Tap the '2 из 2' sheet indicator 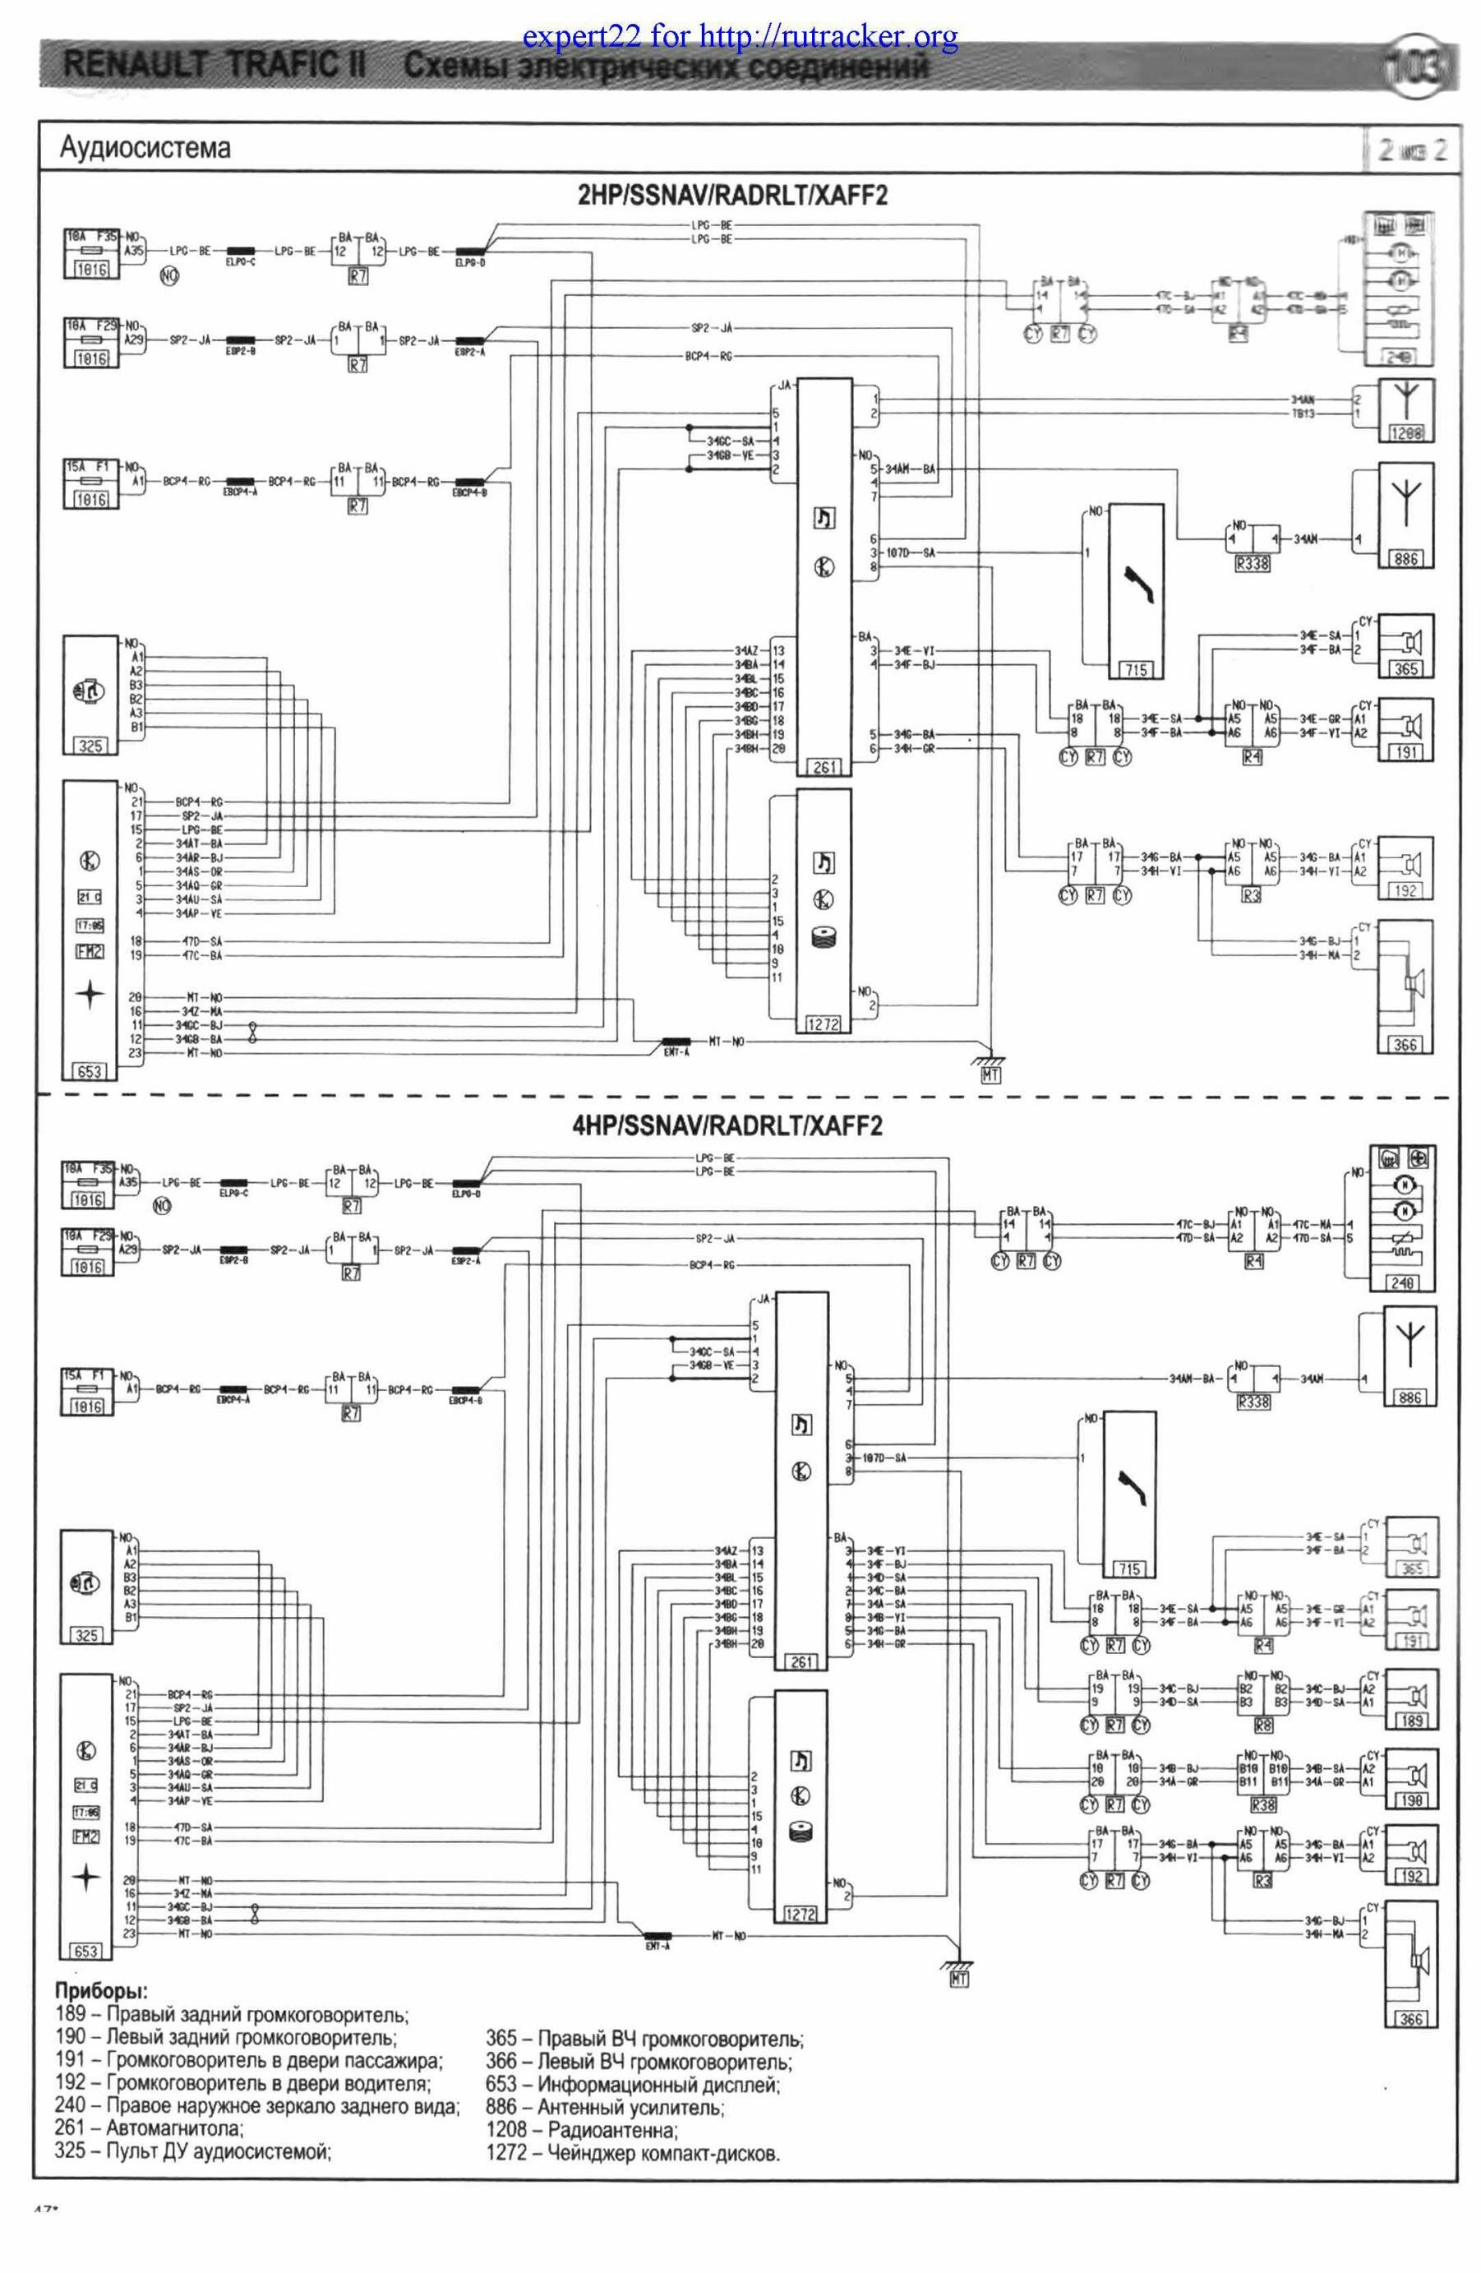coord(1411,150)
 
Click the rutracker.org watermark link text coord(740,37)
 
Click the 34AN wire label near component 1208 coord(1304,400)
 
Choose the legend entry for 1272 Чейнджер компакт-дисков coord(633,2153)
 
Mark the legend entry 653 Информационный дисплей coord(632,2084)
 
